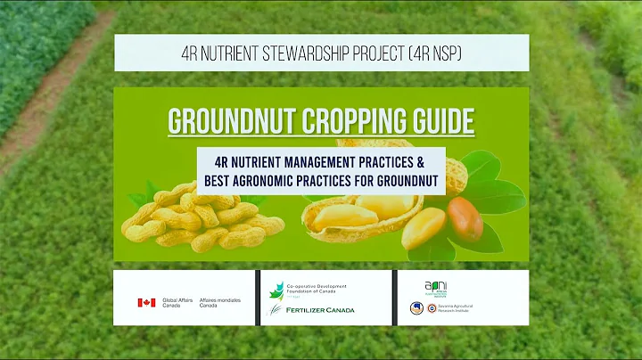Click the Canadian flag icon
pyautogui.click(x=146, y=303)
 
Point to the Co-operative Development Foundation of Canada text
pyautogui.click(x=321, y=290)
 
